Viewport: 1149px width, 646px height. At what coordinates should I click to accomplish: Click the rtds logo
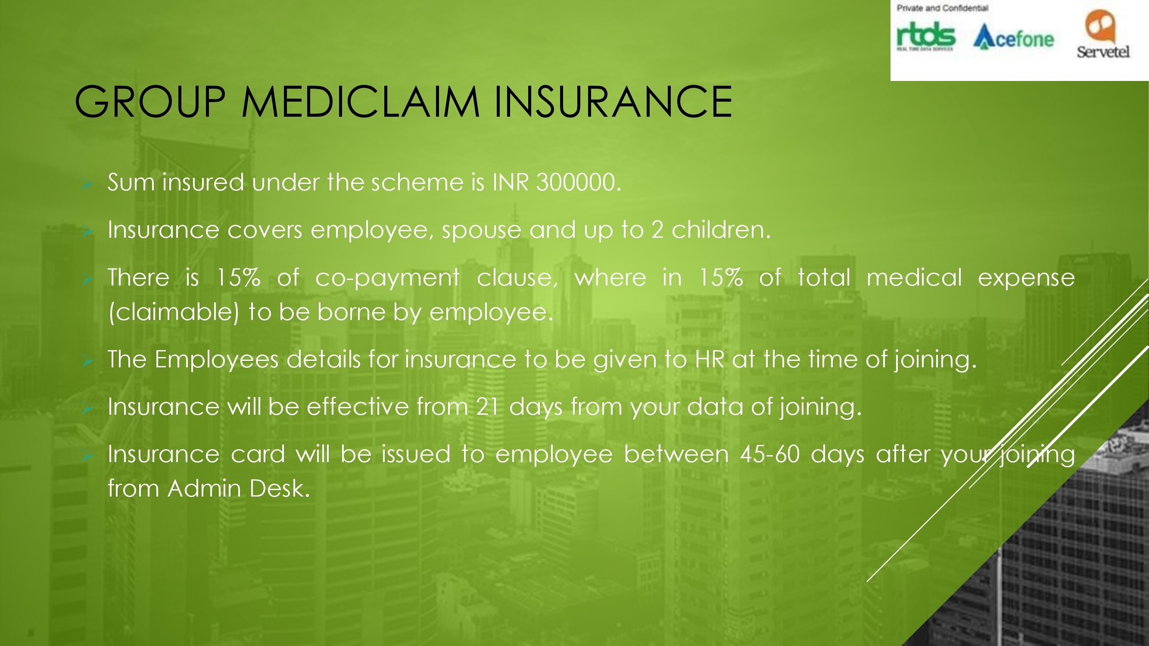pos(926,37)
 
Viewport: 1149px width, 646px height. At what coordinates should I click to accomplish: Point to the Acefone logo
pos(1013,37)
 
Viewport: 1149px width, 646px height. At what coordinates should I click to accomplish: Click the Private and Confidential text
pos(943,8)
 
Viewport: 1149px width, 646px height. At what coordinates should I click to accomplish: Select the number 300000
pos(579,182)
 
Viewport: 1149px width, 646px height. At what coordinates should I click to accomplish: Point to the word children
pos(721,230)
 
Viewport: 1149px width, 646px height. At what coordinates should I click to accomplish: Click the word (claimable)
pos(174,312)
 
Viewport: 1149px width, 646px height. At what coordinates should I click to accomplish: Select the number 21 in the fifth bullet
pos(488,407)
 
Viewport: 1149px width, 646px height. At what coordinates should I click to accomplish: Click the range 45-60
pos(770,454)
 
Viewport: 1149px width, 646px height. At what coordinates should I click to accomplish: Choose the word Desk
pos(280,488)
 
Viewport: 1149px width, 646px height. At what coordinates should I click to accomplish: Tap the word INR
pos(510,182)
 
